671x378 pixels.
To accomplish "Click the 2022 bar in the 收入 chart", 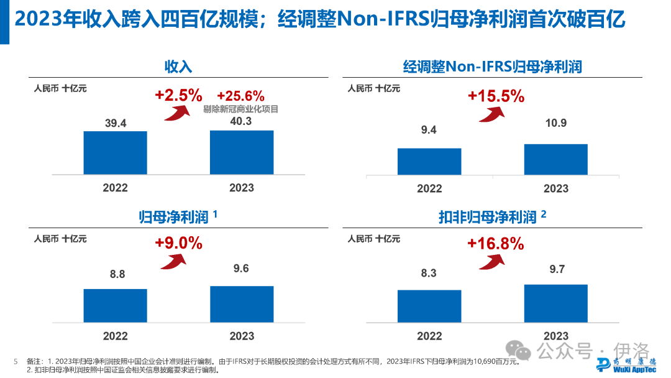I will (116, 152).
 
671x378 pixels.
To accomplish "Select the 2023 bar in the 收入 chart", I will (242, 152).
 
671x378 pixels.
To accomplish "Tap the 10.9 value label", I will (555, 123).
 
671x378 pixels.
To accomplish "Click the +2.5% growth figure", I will (179, 95).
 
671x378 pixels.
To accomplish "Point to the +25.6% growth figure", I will (240, 96).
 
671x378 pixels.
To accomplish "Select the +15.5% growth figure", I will (496, 96).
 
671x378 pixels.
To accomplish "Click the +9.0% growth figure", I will (179, 243).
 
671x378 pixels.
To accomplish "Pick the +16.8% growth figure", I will (496, 244).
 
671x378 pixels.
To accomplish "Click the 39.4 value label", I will (116, 123).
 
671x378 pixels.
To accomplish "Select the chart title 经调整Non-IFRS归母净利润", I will (492, 67).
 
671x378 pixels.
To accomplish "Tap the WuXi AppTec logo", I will (626, 365).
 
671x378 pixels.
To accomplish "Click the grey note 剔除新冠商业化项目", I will (240, 109).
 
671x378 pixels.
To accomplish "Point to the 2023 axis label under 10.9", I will (555, 188).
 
